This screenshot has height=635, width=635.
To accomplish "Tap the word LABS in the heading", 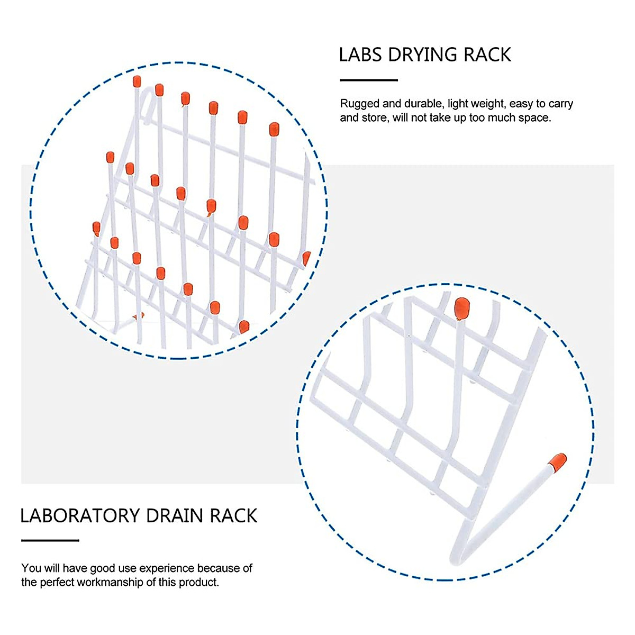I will click(361, 55).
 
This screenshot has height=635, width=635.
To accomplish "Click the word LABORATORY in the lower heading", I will click(80, 516).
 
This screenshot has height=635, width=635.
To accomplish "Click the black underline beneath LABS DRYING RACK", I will click(368, 80).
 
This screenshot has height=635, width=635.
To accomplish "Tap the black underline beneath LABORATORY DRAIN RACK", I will click(50, 540).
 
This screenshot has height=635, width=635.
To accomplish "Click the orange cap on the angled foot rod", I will click(557, 462).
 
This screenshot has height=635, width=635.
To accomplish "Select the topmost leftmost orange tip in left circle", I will click(137, 81).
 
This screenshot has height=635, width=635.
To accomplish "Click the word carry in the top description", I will click(560, 104).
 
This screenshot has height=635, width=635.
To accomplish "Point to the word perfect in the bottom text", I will click(56, 583).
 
